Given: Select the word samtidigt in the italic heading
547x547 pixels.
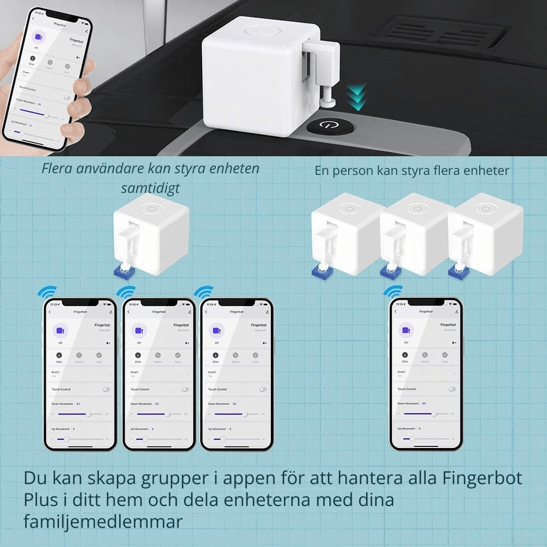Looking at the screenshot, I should pyautogui.click(x=150, y=188).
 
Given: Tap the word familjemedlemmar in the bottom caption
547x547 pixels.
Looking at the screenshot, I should pyautogui.click(x=103, y=521).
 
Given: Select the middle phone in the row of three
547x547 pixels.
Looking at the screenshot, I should pyautogui.click(x=158, y=374).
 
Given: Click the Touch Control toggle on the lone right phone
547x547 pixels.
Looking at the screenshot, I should pyautogui.click(x=452, y=389).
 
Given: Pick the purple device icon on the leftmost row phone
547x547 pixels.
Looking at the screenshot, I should pyautogui.click(x=58, y=331).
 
